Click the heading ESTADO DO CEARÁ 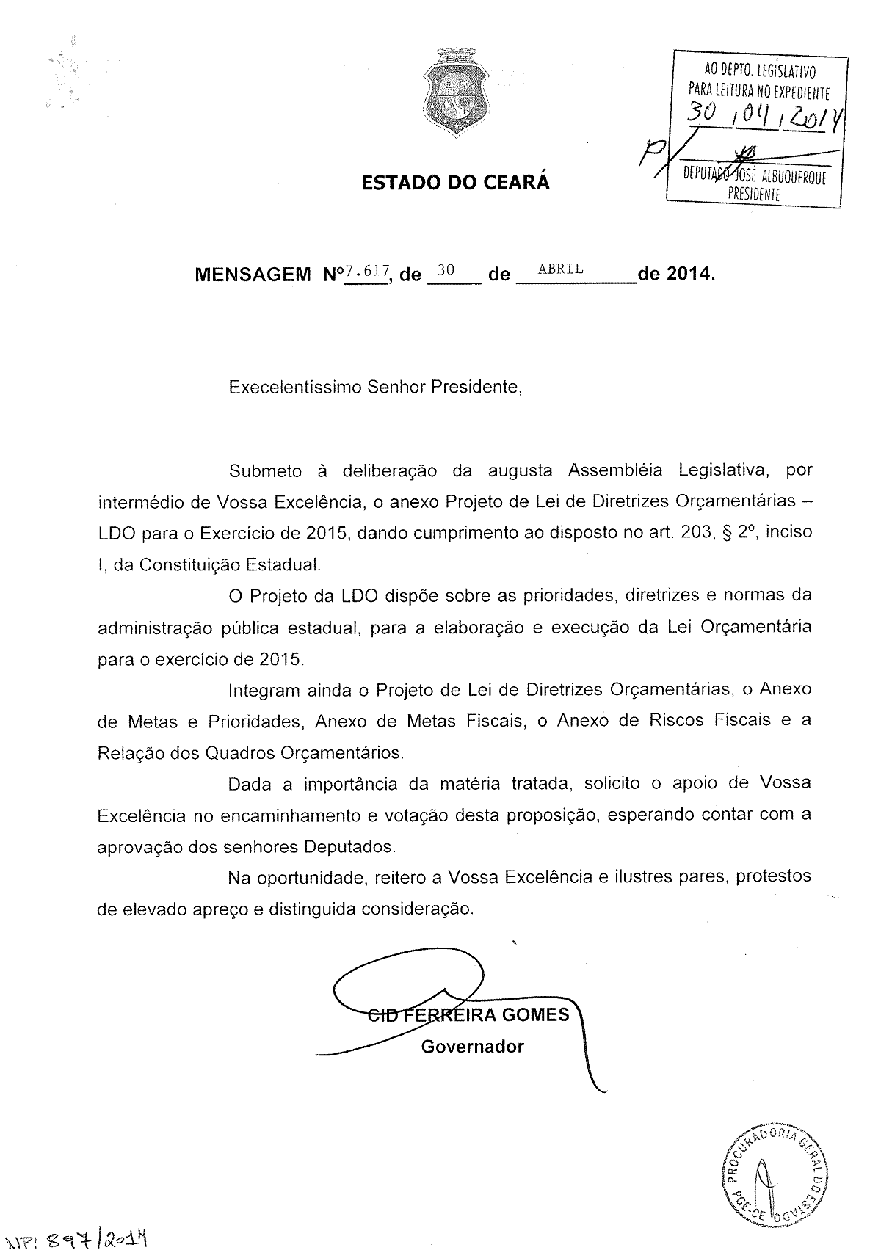point(455,182)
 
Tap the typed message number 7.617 point(367,271)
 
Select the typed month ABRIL point(561,269)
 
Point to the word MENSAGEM point(253,275)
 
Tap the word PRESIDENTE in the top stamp point(754,194)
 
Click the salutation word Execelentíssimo point(295,387)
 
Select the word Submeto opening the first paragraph point(265,470)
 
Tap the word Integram point(264,691)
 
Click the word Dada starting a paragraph point(250,784)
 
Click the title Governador point(473,1046)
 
